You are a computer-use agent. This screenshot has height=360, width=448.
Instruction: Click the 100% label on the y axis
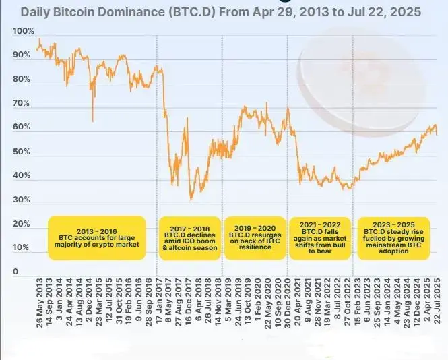[x=22, y=32]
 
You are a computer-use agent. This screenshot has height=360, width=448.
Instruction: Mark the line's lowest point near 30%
[x=191, y=199]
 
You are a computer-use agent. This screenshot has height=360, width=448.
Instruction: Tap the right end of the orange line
[x=437, y=134]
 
